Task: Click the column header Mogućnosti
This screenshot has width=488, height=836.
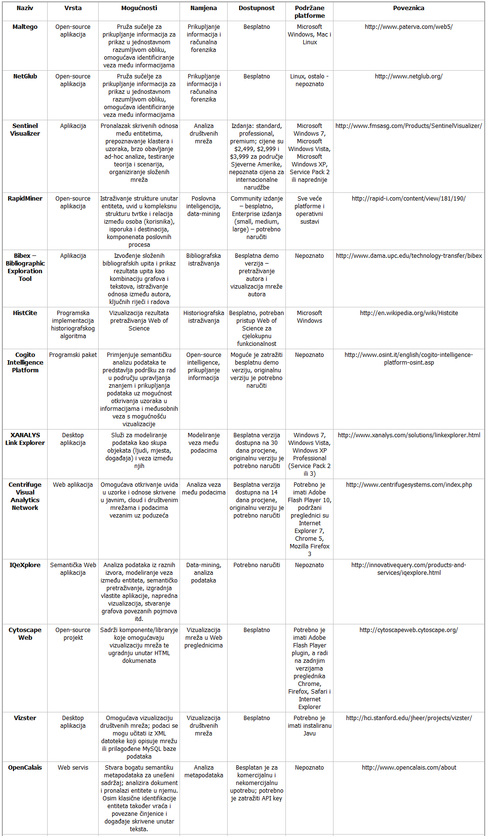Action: (x=139, y=8)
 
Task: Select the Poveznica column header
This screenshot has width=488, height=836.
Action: (x=408, y=8)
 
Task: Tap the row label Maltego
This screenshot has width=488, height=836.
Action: (x=25, y=27)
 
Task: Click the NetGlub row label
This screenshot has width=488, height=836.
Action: (x=25, y=76)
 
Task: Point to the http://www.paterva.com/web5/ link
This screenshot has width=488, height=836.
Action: (x=408, y=27)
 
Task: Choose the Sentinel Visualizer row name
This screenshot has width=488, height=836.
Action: (x=25, y=130)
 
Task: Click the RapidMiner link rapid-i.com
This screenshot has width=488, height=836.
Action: (x=408, y=199)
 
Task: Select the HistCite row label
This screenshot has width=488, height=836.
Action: (x=25, y=313)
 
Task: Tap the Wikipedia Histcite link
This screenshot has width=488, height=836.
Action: (x=408, y=313)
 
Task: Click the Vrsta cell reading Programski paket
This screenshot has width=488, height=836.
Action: (x=73, y=355)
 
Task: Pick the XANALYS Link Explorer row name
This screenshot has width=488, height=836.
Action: (x=25, y=439)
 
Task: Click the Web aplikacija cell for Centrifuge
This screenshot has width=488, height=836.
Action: (x=73, y=485)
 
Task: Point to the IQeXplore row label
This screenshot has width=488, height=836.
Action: (x=25, y=565)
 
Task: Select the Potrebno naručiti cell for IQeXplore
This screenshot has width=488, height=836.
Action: (x=257, y=565)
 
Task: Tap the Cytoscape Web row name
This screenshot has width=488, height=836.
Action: (x=25, y=634)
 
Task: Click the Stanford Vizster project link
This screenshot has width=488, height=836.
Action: (x=408, y=718)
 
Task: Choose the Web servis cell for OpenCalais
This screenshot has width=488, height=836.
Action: (x=73, y=768)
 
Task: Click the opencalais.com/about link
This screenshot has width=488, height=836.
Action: (x=408, y=768)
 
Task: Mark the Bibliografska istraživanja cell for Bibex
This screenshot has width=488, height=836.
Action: (x=204, y=260)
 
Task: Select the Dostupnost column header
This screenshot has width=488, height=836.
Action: (x=257, y=8)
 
